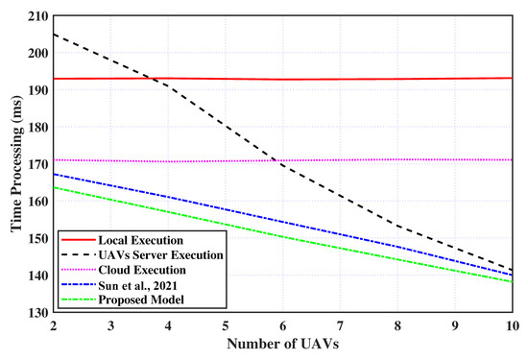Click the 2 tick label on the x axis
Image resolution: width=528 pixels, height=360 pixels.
(55, 326)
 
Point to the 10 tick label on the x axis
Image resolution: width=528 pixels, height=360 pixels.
(511, 326)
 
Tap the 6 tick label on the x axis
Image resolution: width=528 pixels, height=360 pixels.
(283, 326)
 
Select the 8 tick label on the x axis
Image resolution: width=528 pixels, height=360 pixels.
(397, 326)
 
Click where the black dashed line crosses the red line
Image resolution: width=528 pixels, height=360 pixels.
(155, 79)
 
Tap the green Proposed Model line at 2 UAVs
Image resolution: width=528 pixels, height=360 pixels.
(55, 187)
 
